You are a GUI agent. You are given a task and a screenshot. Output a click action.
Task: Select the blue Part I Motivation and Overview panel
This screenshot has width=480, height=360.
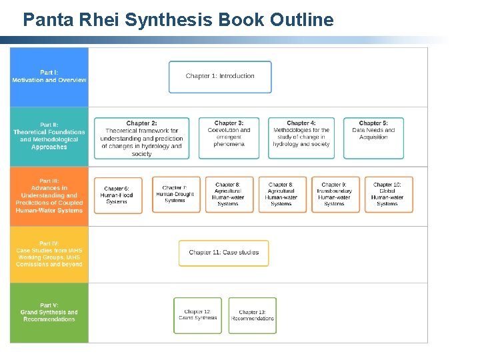click(49, 77)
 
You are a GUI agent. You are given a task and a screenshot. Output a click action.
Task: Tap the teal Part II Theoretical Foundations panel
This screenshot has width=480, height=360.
click(49, 137)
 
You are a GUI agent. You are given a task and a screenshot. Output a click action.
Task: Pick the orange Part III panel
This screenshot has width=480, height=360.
click(49, 195)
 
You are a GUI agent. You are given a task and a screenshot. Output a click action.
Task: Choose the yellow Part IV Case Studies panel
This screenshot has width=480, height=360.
click(49, 254)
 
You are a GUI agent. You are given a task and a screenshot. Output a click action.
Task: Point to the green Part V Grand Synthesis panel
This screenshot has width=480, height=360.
click(49, 313)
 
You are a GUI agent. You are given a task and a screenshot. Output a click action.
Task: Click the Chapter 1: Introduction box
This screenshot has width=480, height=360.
click(220, 77)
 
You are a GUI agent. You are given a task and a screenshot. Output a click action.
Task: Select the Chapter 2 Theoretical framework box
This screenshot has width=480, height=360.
click(141, 138)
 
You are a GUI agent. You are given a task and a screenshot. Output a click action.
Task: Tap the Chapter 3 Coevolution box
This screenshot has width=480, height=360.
click(229, 138)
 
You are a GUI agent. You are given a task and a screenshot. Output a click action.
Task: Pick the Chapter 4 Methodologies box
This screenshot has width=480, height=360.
click(301, 138)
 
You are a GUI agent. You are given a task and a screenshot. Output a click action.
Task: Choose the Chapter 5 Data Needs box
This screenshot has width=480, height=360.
click(373, 138)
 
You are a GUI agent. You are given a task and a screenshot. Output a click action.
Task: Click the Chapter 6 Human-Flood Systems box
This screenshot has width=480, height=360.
click(118, 195)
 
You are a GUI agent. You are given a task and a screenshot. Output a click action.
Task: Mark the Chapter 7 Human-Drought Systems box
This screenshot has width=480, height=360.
click(176, 195)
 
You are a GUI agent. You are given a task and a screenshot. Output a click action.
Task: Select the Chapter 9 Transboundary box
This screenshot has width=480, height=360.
click(335, 195)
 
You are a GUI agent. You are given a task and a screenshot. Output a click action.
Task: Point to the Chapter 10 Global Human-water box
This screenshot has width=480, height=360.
click(389, 195)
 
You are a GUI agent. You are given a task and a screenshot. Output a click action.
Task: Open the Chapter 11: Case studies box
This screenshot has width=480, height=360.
click(224, 253)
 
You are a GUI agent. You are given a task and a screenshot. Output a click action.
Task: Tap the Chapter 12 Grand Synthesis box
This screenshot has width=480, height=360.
click(198, 315)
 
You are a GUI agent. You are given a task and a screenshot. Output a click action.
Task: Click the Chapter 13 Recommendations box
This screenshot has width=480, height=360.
click(252, 315)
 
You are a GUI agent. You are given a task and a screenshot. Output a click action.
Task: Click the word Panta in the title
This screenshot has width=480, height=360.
click(45, 20)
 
